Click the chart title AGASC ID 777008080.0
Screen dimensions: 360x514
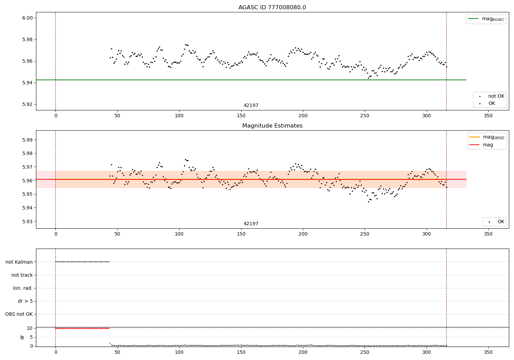272,8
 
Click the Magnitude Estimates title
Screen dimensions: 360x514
272,126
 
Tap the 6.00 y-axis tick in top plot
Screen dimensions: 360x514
27,18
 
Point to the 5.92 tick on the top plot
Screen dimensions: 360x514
27,104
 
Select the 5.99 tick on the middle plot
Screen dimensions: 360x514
27,140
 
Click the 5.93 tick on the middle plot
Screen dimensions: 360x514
27,221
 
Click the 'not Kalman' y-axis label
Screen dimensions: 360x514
19,262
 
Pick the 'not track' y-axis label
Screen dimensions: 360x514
22,275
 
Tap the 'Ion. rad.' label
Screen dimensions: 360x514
23,288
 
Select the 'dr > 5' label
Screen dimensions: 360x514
25,301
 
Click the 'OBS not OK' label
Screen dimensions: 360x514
19,314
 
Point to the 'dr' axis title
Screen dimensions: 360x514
22,337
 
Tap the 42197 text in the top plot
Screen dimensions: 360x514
251,106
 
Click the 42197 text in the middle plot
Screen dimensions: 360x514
251,224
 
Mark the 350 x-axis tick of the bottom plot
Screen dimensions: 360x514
488,352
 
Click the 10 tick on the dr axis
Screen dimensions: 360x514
30,328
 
